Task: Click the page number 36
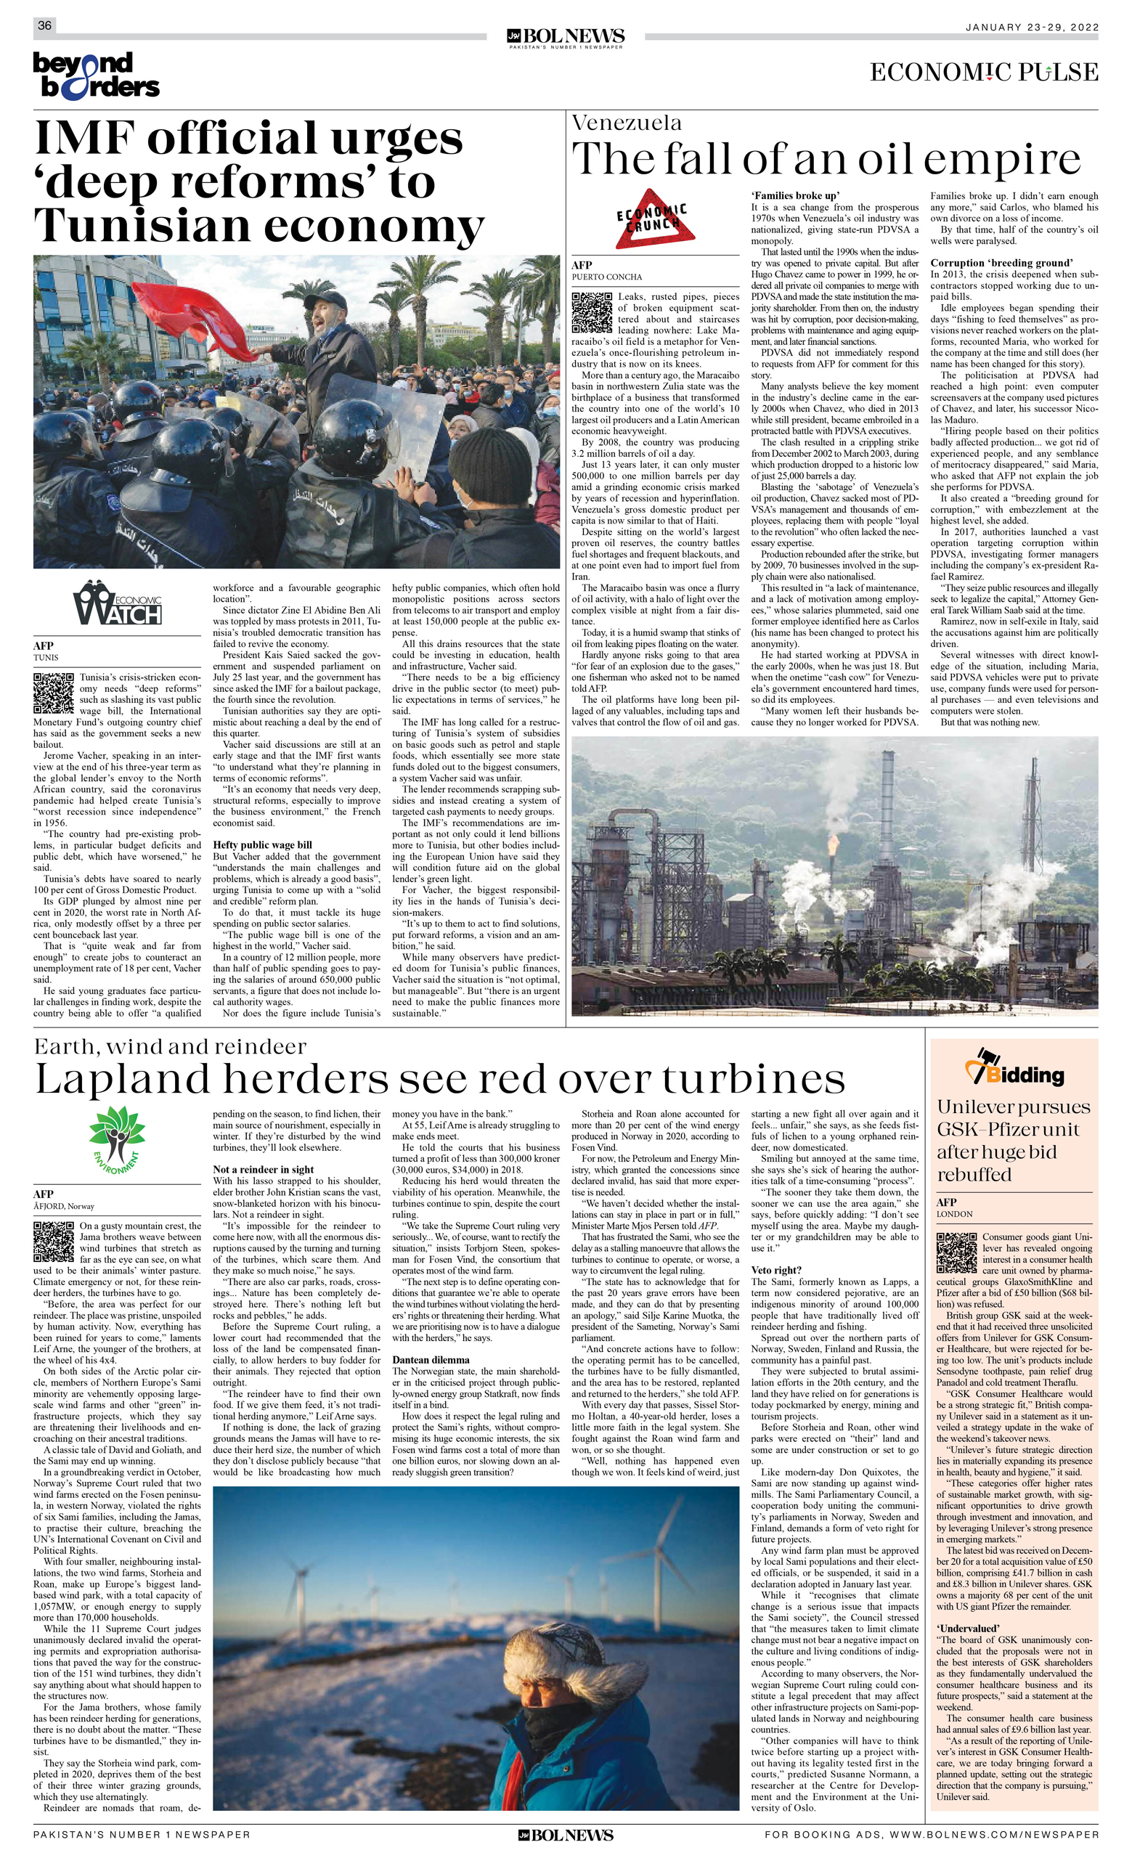(44, 25)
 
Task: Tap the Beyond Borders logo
(96, 75)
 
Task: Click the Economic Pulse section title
(983, 73)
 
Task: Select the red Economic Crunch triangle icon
(653, 219)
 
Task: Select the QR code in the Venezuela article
(591, 312)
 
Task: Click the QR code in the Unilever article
(956, 1252)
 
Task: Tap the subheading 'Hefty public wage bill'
(261, 844)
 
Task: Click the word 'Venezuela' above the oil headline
(627, 122)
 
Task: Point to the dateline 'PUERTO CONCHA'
(606, 277)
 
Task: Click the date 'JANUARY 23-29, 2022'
(1032, 27)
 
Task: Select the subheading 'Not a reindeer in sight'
(263, 1169)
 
